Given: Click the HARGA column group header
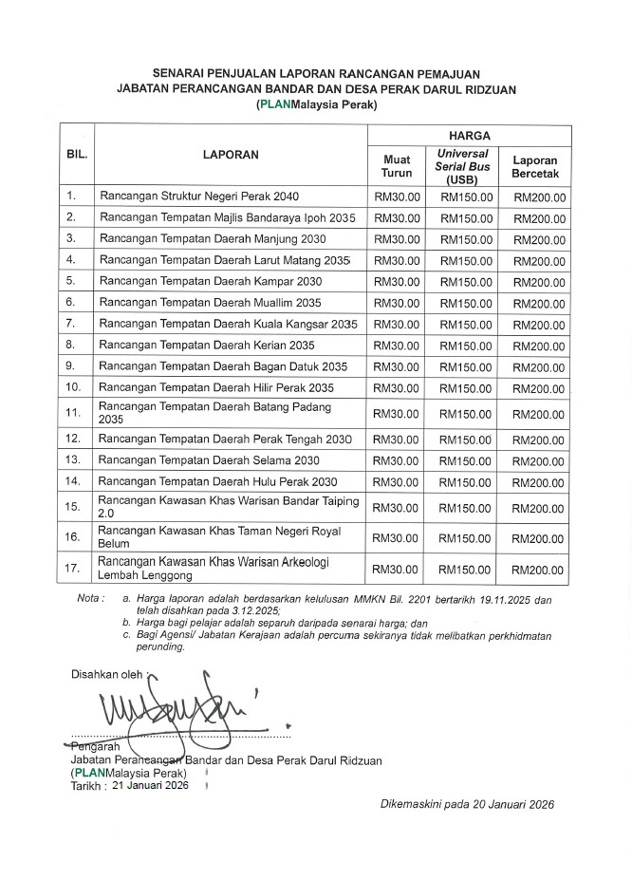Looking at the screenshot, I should (x=467, y=137).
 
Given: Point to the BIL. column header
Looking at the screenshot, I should (x=77, y=153).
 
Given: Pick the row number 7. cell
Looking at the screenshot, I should (x=71, y=325).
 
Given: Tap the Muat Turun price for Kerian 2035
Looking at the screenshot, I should (x=396, y=346).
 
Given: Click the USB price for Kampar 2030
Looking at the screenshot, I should (x=466, y=282).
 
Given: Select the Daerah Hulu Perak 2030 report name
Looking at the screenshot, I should (x=217, y=481).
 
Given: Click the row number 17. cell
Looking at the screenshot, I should (x=72, y=570).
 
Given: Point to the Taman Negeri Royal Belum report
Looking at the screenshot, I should (x=219, y=537).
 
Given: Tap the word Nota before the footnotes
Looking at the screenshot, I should (x=90, y=601).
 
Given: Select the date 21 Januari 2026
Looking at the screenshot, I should (x=150, y=786).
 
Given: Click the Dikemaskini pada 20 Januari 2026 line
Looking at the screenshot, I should (x=465, y=803).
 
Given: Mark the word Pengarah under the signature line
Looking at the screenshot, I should (x=92, y=747).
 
